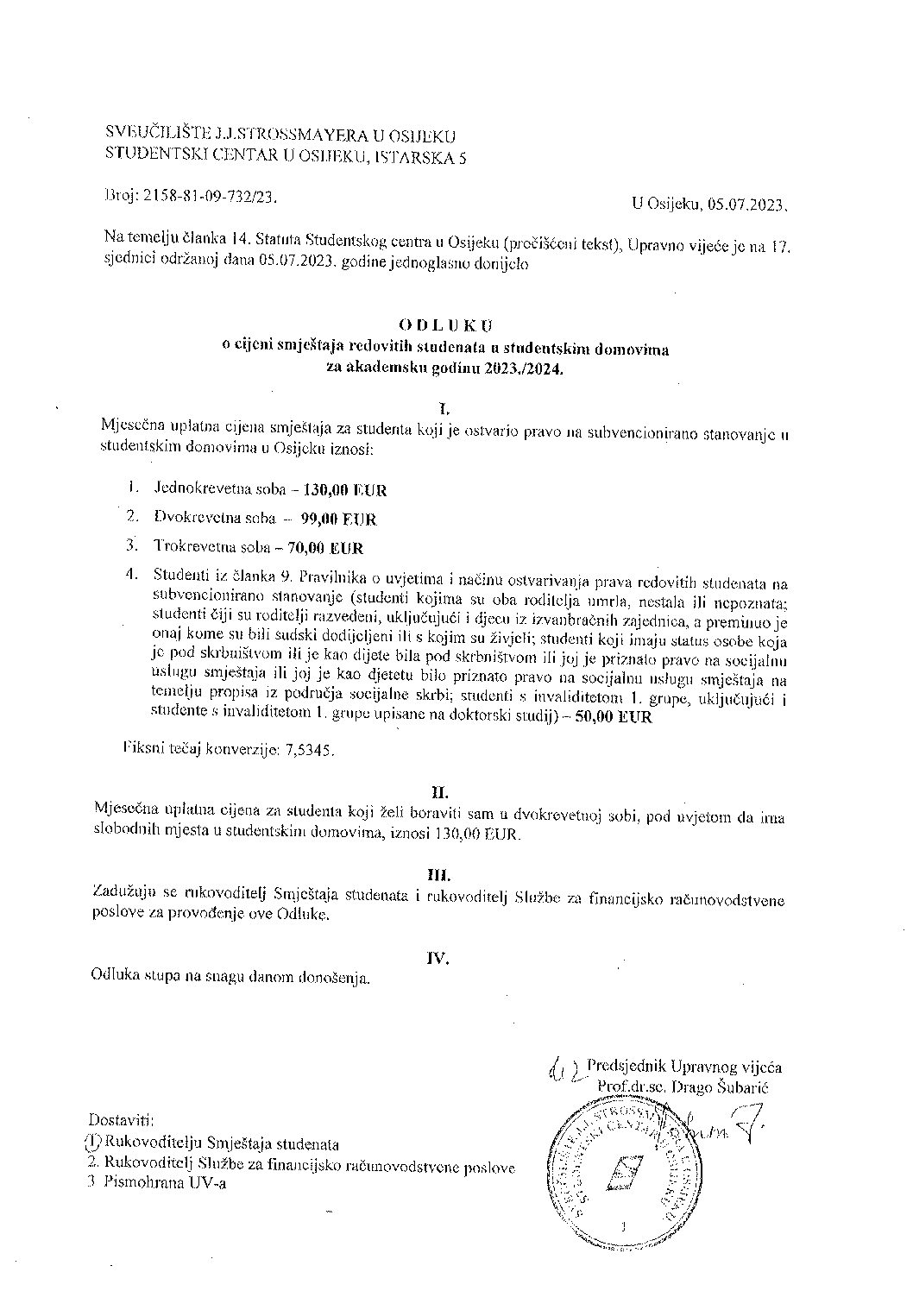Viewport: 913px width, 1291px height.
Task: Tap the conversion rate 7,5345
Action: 306,750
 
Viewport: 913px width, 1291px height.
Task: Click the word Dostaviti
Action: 121,1122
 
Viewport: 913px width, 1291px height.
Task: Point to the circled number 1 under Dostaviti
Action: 94,1144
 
